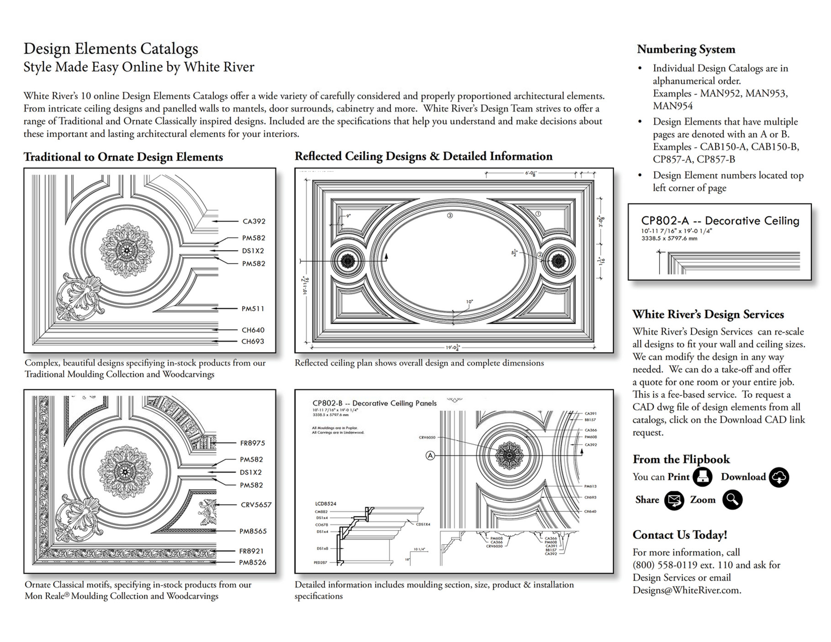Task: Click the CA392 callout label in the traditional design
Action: tap(254, 221)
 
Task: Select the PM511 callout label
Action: tap(253, 309)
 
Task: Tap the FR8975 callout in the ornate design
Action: tap(252, 443)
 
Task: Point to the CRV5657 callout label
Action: tap(256, 505)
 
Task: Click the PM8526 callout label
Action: tap(253, 562)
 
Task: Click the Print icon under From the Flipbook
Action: tap(702, 477)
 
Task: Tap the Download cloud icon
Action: tap(778, 477)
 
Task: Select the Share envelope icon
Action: tap(674, 500)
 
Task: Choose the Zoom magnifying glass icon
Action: tap(732, 500)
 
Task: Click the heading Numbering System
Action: tap(686, 49)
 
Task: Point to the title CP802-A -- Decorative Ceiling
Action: tap(720, 221)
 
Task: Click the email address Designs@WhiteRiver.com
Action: tap(686, 590)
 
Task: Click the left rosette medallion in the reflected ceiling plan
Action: tap(348, 261)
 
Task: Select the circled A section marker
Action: tap(430, 455)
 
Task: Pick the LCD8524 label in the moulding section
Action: tap(325, 504)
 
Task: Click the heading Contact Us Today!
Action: tap(679, 535)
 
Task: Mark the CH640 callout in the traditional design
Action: tap(253, 330)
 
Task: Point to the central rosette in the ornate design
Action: tap(124, 472)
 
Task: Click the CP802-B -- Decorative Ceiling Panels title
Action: tap(374, 403)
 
